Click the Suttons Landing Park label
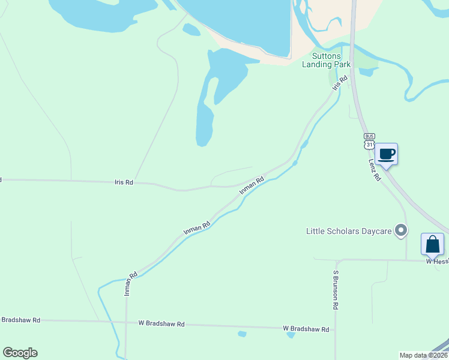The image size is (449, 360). tap(327, 60)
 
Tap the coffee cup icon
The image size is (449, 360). tap(386, 155)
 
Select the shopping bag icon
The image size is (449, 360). tap(432, 244)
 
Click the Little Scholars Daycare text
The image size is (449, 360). tap(348, 230)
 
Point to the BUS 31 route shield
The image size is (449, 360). tap(369, 141)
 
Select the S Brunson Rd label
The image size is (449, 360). tap(336, 289)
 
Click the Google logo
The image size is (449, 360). tap(20, 353)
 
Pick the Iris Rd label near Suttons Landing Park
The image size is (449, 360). tap(340, 83)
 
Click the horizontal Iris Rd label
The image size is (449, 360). tap(124, 182)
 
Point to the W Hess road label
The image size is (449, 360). tap(437, 261)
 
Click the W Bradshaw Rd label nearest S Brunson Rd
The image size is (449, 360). tap(306, 329)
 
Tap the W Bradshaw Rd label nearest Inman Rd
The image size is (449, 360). tap(161, 324)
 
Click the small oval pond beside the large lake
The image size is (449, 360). tap(191, 29)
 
